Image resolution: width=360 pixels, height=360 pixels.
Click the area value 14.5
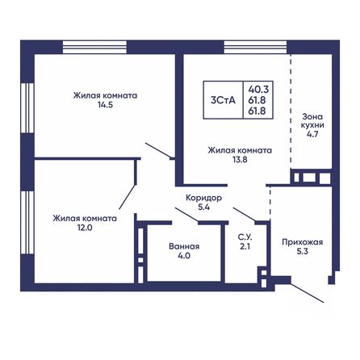(x=105, y=105)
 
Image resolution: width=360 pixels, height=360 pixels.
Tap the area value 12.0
(x=85, y=228)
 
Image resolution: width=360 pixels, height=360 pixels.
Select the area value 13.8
(x=238, y=161)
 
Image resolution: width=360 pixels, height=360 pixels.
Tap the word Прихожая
(x=303, y=241)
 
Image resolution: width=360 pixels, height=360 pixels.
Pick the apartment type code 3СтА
(x=223, y=100)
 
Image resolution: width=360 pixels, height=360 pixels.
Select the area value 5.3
(x=303, y=251)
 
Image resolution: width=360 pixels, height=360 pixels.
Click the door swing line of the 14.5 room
(x=159, y=150)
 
